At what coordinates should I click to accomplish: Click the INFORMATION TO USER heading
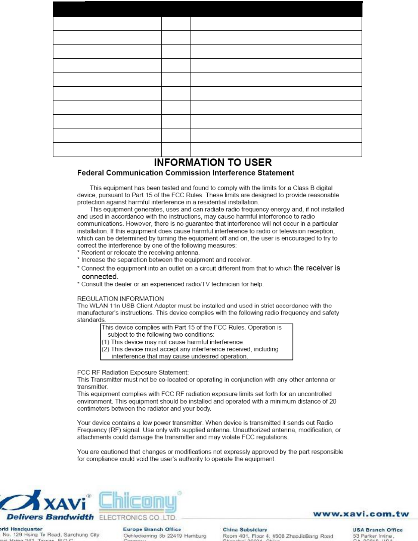point(213,163)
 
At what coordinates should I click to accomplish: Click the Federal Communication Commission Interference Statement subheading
point(185,173)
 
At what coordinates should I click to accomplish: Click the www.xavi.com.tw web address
point(361,514)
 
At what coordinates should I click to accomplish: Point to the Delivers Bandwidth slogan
point(50,517)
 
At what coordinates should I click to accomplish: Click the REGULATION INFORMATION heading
point(120,299)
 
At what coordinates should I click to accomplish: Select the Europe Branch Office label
point(152,529)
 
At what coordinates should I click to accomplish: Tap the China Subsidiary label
point(245,529)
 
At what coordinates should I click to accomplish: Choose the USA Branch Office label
point(378,530)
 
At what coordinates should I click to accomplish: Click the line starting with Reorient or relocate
point(138,253)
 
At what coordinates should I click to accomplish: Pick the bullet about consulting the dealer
point(170,284)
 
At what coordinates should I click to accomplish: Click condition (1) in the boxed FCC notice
point(173,342)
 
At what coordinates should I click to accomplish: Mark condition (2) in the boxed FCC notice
point(190,349)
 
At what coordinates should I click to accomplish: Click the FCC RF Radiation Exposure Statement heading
point(133,372)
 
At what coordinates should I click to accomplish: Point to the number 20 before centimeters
point(333,401)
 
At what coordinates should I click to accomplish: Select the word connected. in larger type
point(100,277)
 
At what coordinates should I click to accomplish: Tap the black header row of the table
point(207,9)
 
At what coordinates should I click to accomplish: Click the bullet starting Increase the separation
point(164,260)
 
